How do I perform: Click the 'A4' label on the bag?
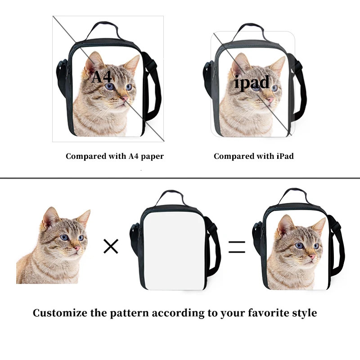tap(102, 76)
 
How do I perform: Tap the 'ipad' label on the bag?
tap(252, 83)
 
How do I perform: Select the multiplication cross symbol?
tap(111, 246)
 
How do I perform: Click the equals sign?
tap(237, 247)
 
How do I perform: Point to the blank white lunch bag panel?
tap(174, 251)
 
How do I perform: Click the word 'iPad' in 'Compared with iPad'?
tap(285, 156)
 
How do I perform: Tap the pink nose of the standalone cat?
tap(77, 248)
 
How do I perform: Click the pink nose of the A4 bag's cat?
tap(126, 99)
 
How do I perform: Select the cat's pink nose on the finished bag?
tap(312, 256)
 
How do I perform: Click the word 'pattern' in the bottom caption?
tap(129, 313)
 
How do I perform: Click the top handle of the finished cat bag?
tap(293, 196)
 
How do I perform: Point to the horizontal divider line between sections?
tap(180, 178)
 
